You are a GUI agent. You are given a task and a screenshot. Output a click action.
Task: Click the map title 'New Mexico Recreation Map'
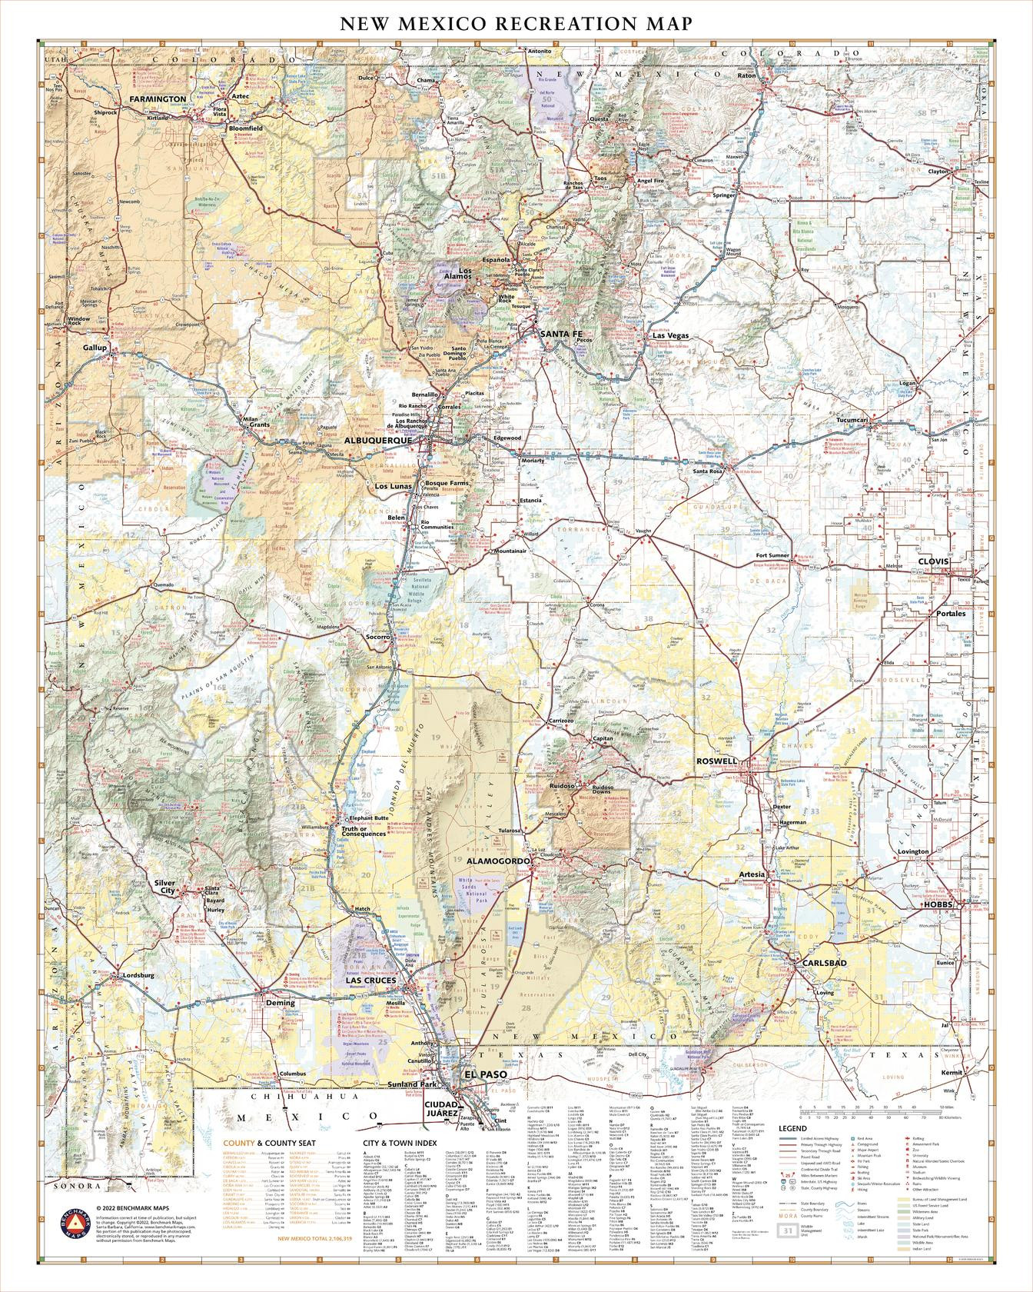(516, 24)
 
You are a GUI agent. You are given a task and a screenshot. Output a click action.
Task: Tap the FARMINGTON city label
(157, 100)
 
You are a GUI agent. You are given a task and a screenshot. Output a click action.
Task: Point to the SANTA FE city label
(561, 334)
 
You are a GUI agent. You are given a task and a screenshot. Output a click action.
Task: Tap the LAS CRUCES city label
(370, 981)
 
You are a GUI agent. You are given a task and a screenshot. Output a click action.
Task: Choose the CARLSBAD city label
(824, 963)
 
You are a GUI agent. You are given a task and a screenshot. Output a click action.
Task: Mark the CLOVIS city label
(934, 562)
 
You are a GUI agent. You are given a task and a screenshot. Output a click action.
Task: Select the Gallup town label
(95, 348)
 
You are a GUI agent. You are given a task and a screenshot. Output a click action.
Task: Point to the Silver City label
(165, 887)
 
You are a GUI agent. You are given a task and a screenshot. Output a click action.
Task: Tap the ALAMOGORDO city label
(497, 861)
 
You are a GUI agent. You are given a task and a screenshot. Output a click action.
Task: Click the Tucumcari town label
(852, 421)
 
